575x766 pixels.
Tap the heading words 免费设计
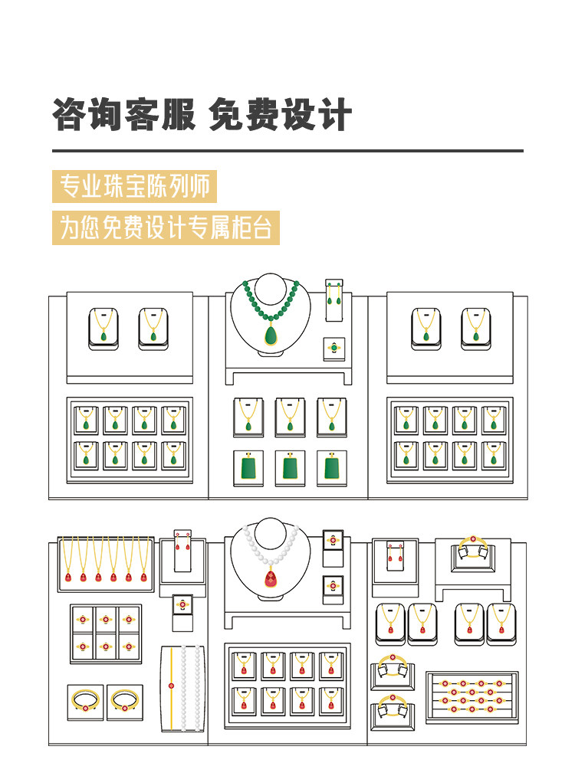[x=281, y=116]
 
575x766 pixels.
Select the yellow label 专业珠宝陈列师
[x=134, y=187]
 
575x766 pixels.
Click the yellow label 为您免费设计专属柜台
[x=166, y=228]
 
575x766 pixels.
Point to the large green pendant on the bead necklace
[x=271, y=335]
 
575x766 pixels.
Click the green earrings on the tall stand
[x=333, y=295]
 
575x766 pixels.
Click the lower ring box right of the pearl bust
[x=333, y=588]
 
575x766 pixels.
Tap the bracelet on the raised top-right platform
[x=473, y=548]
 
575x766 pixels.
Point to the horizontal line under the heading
[x=287, y=151]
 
